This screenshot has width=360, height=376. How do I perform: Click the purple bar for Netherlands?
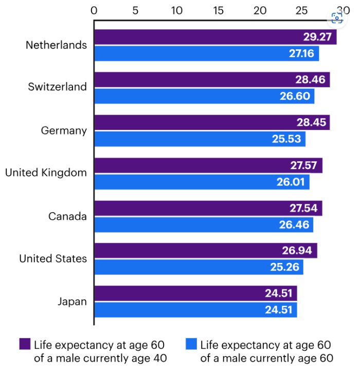point(206,37)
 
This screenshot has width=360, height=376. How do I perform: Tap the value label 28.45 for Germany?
point(311,122)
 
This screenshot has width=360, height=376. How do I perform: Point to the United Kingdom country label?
point(46,173)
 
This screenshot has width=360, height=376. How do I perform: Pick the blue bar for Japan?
point(195,310)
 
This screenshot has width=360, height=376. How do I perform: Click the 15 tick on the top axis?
point(219,10)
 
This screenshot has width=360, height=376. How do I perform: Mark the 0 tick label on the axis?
point(94,10)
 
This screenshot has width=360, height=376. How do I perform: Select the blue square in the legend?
point(191,344)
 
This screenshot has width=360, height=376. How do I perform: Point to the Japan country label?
point(72,301)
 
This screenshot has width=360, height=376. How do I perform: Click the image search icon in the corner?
point(337,18)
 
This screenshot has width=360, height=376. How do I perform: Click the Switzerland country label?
point(58,87)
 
